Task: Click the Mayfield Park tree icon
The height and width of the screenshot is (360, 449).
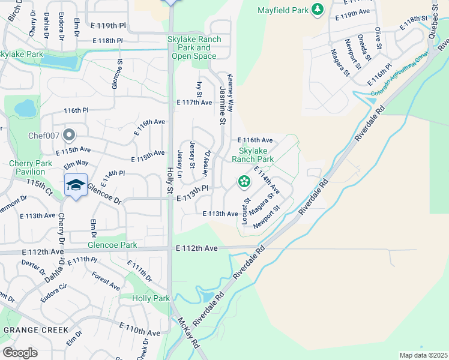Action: point(318,10)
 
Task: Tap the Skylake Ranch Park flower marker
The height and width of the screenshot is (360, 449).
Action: point(244,181)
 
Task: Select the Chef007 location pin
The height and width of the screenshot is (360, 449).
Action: point(70,134)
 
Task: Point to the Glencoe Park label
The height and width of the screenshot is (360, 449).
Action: point(112,245)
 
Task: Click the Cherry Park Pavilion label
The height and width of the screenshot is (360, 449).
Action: point(35,167)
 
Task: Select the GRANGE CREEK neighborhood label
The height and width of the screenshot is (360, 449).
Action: point(36,330)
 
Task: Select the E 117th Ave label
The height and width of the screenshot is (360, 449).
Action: point(194,103)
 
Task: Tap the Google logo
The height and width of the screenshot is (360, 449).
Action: point(20,353)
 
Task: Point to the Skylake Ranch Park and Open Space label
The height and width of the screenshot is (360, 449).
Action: point(194,47)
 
